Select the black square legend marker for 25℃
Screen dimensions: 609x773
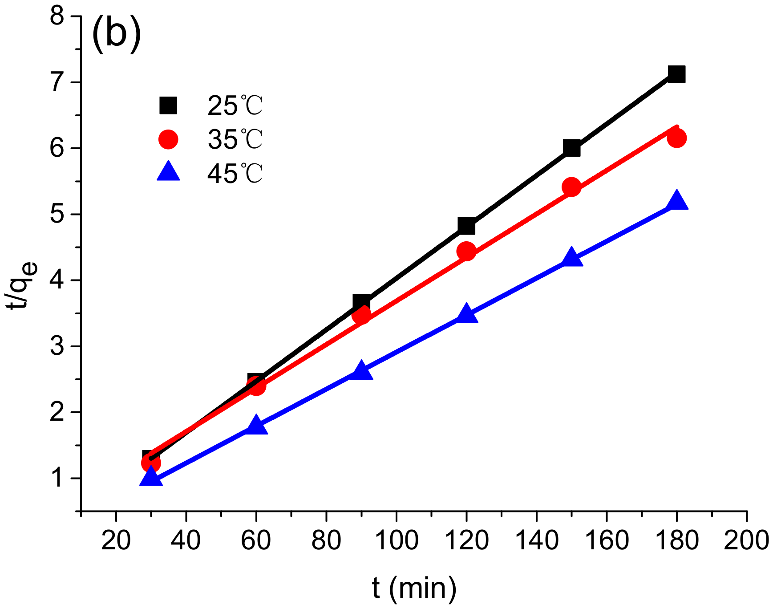tap(168, 106)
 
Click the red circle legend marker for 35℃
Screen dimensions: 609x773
tap(168, 139)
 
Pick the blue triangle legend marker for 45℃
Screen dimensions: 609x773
tap(168, 173)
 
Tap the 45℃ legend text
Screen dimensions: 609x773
tap(235, 174)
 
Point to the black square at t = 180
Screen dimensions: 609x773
tap(676, 74)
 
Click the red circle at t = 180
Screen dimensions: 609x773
tap(676, 138)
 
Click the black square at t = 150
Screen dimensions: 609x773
tap(571, 148)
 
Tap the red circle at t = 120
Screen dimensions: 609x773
tap(466, 252)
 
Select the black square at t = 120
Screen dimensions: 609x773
tap(466, 226)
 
